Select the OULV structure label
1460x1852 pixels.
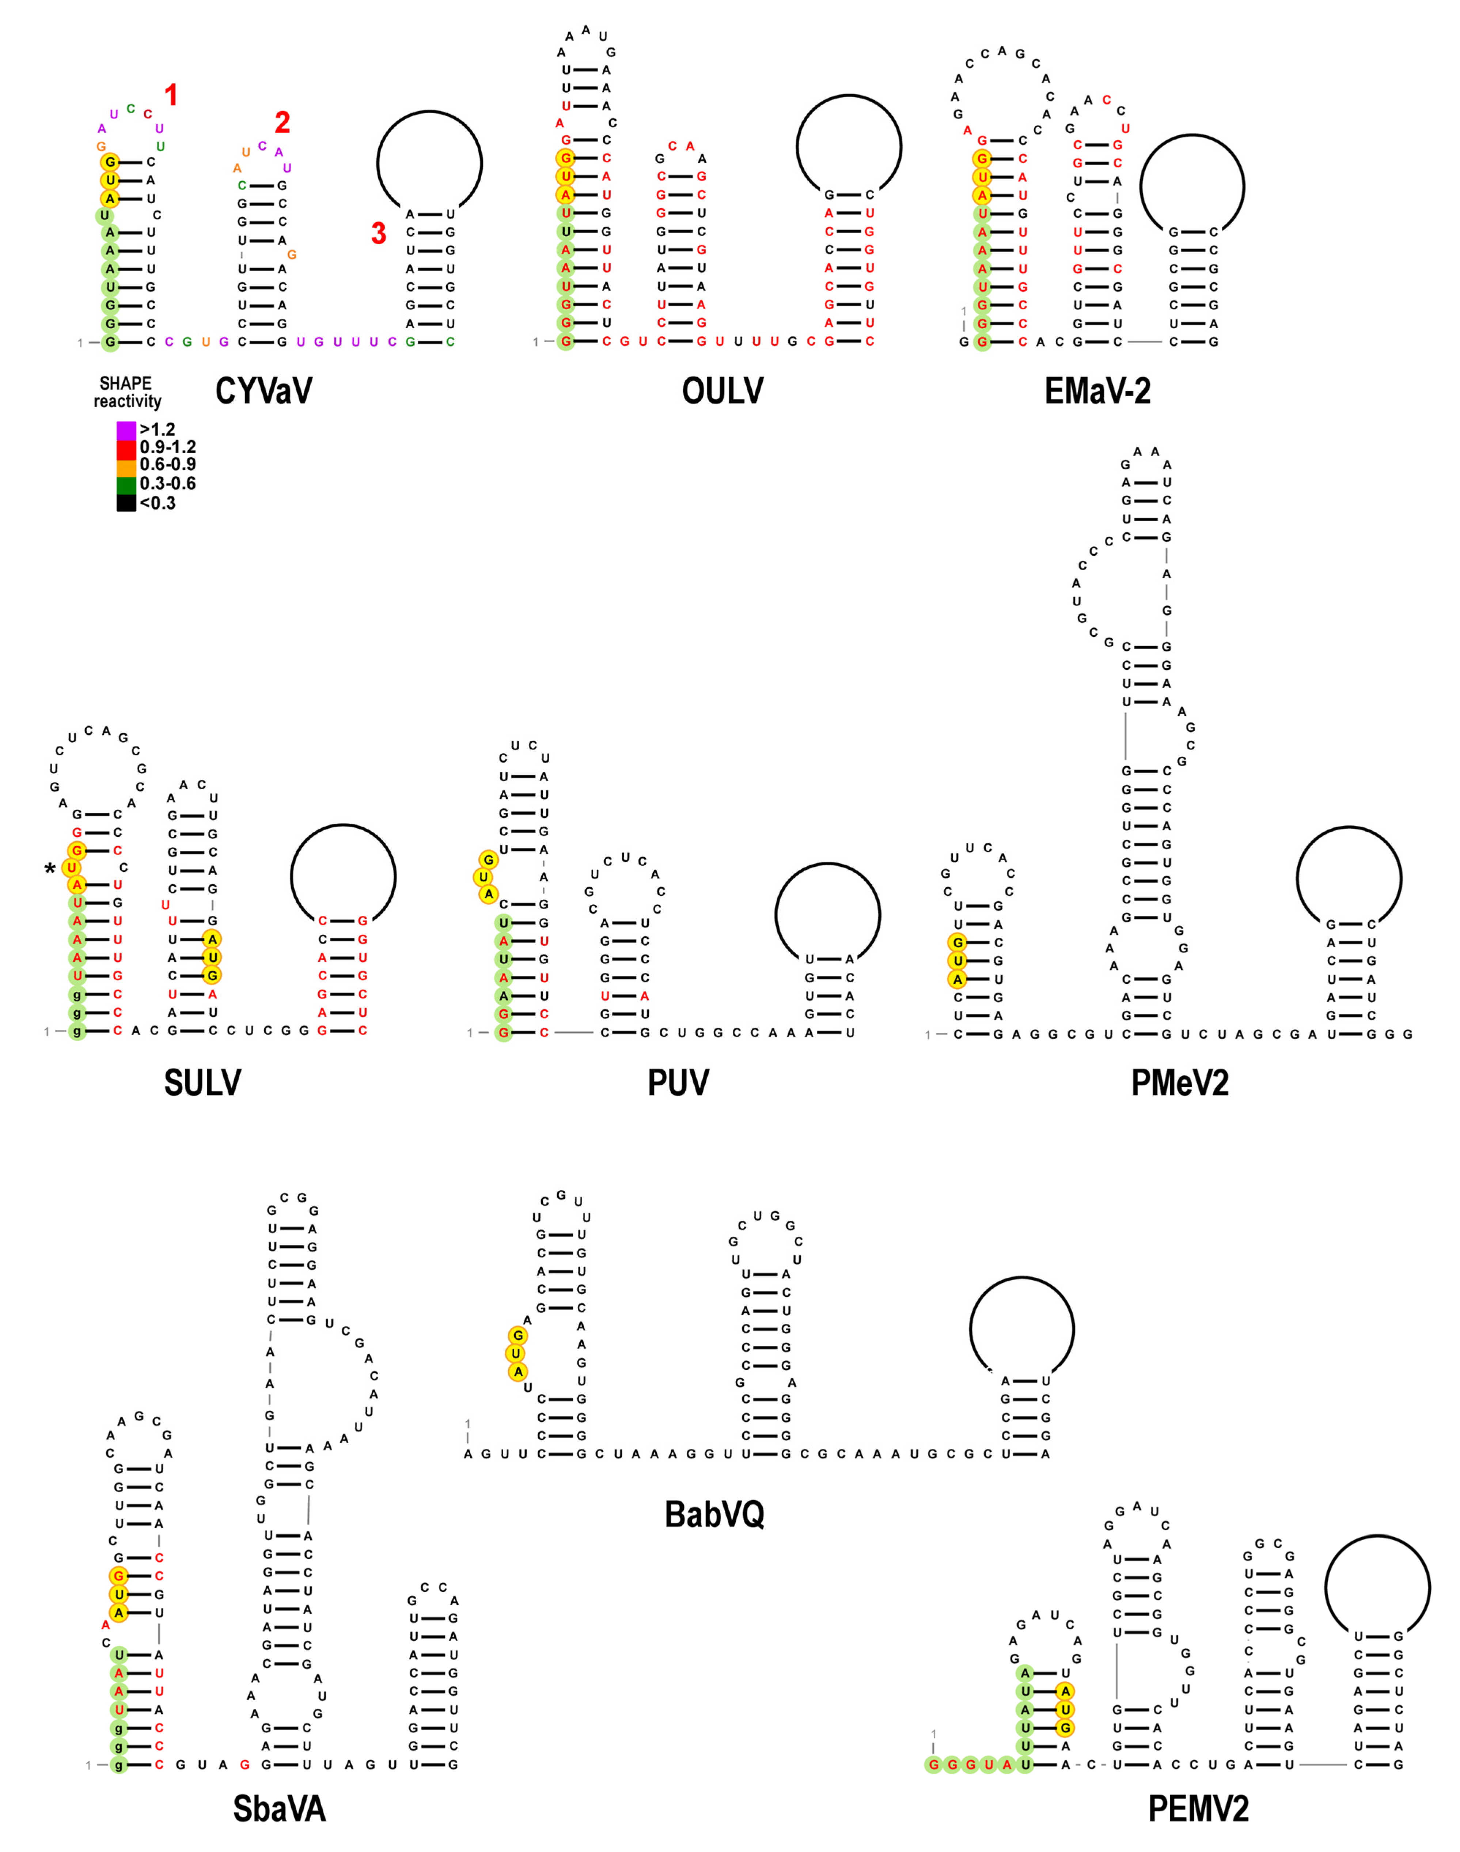point(722,391)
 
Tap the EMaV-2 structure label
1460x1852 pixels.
point(1097,391)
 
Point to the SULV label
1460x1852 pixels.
point(202,1082)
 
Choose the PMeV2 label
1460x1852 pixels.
point(1180,1082)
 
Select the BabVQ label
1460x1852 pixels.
point(714,1514)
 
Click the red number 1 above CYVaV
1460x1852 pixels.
point(171,95)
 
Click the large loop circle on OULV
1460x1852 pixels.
point(849,147)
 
